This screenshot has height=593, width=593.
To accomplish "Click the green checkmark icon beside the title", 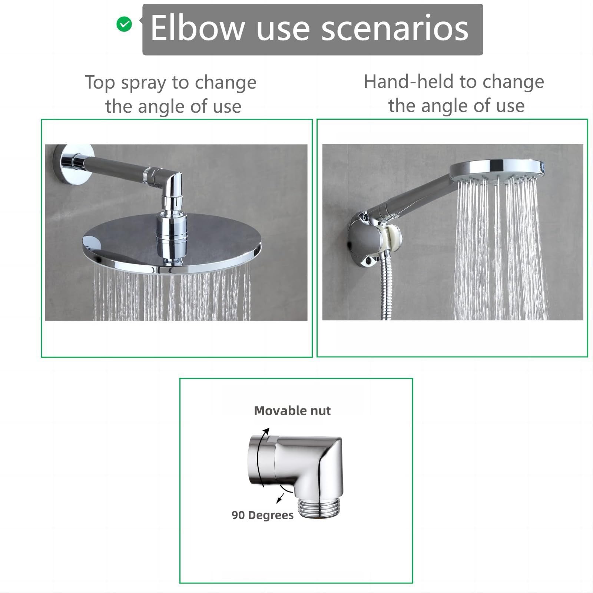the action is pyautogui.click(x=124, y=24).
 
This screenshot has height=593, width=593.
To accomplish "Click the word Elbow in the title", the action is pyautogui.click(x=198, y=28).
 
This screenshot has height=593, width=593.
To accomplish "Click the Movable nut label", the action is pyautogui.click(x=292, y=411).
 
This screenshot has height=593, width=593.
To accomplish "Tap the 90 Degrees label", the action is pyautogui.click(x=262, y=515).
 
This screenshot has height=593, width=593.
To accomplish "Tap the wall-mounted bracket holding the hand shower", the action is pyautogui.click(x=371, y=239).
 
